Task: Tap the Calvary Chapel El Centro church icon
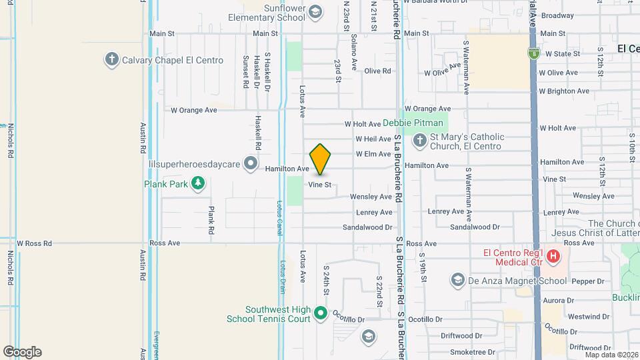click(x=111, y=60)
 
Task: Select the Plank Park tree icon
click(x=197, y=183)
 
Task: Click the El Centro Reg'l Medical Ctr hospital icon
click(x=552, y=255)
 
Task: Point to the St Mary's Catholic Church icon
click(x=419, y=141)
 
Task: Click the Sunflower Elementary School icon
click(x=315, y=11)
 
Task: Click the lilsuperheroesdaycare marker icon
click(x=251, y=163)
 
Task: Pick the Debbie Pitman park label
click(x=413, y=123)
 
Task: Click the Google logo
click(x=22, y=352)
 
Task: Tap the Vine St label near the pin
click(x=319, y=185)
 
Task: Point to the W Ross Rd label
click(x=35, y=244)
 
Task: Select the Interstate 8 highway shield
click(x=533, y=51)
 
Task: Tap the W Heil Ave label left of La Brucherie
click(x=373, y=139)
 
